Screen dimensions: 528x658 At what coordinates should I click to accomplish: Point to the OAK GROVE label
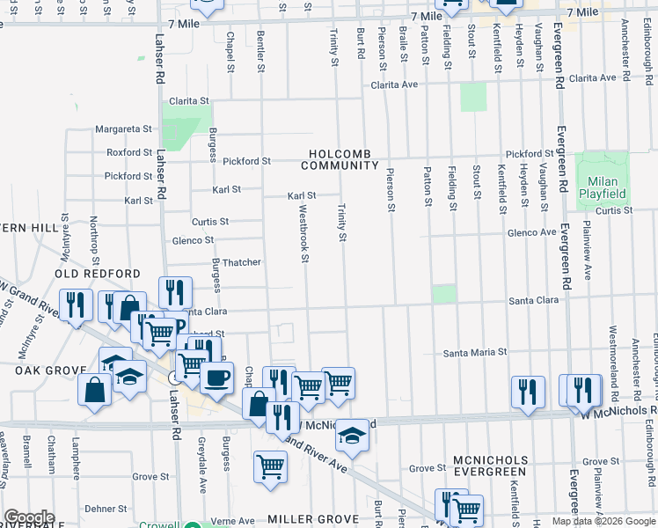[x=49, y=371]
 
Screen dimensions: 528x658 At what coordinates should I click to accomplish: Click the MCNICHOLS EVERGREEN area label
[x=491, y=466]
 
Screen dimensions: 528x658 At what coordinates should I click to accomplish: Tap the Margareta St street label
[x=124, y=128]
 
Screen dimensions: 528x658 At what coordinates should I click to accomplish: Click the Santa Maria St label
[x=475, y=353]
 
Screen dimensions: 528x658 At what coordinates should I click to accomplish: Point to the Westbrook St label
[x=303, y=234]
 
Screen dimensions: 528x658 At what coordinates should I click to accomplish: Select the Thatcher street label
[x=240, y=262]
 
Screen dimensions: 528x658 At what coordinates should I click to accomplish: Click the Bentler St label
[x=260, y=49]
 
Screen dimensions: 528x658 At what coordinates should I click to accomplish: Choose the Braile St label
[x=403, y=44]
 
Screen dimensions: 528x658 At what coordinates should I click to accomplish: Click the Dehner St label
[x=106, y=508]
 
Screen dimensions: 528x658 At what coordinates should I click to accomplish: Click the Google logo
[x=30, y=517]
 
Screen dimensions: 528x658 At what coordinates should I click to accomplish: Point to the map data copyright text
[x=603, y=521]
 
